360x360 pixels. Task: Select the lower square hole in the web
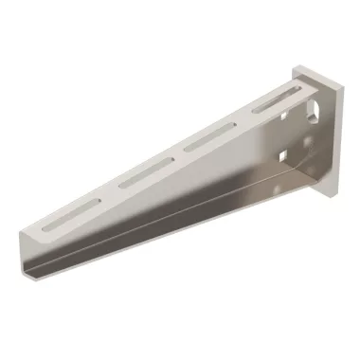[x=281, y=152]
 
